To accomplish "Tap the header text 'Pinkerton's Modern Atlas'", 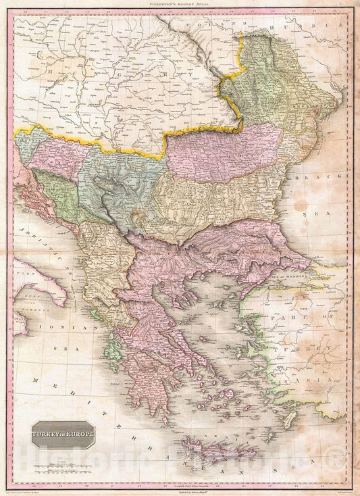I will [x=180, y=5].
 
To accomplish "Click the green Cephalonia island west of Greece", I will [x=111, y=358].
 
